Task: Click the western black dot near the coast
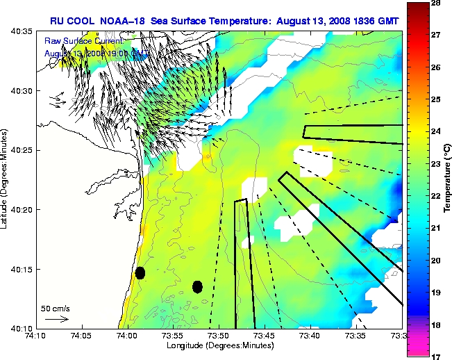coord(140,272)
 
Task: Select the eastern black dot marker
coord(197,286)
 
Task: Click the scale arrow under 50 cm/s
coord(56,319)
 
